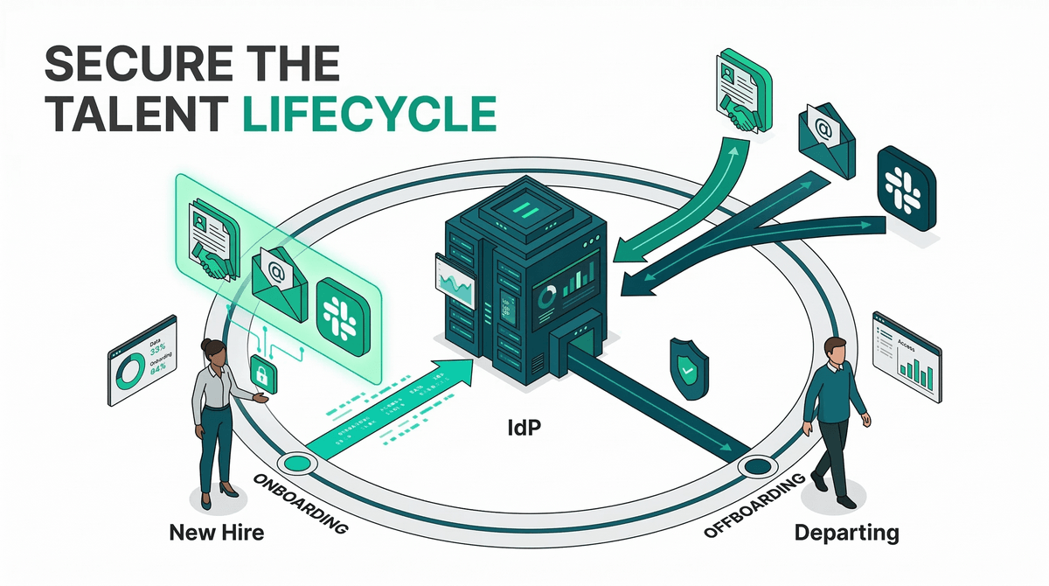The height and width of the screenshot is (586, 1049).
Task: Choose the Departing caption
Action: click(x=845, y=531)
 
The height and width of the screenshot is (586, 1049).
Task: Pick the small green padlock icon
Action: click(x=261, y=373)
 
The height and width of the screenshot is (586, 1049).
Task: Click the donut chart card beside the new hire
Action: click(x=142, y=366)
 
